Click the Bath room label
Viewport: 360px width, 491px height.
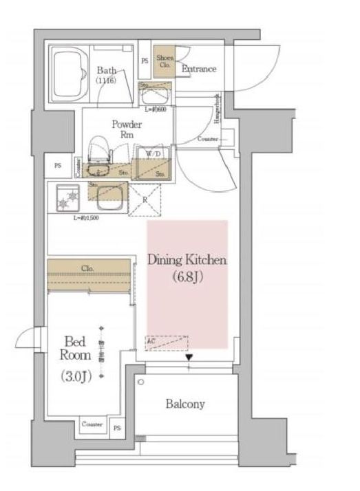[x=105, y=70]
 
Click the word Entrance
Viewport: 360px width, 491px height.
[x=199, y=69]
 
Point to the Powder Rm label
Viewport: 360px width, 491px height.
[x=127, y=129]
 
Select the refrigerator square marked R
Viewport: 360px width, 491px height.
[x=145, y=201]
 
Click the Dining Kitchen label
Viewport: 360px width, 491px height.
[x=187, y=260]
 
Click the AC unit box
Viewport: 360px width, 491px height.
[x=166, y=342]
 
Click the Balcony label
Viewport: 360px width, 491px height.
[x=184, y=404]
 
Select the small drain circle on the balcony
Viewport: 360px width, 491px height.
[x=140, y=382]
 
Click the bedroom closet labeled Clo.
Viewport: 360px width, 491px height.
[x=87, y=269]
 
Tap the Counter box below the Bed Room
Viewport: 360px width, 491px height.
[x=92, y=424]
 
